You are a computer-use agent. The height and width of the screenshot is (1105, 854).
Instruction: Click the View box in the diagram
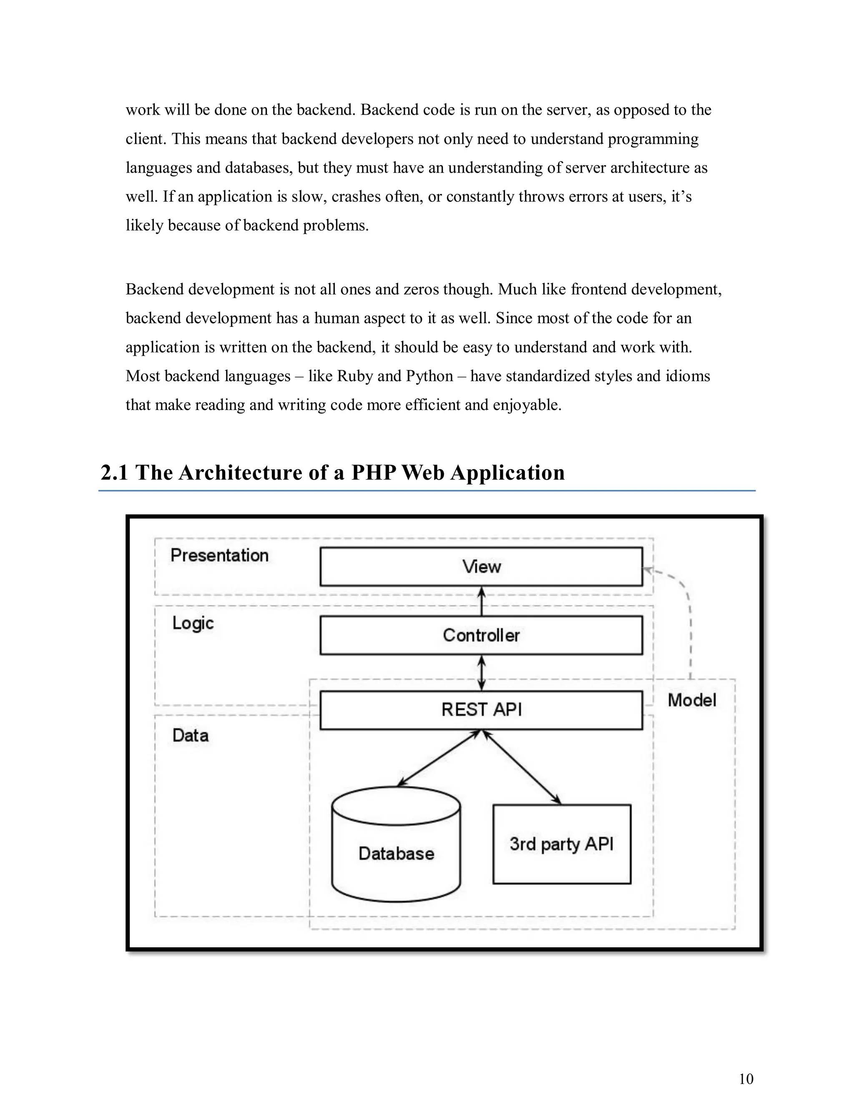481,566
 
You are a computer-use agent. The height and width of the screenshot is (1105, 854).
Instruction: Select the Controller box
481,635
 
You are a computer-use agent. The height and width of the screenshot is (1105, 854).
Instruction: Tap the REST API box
481,709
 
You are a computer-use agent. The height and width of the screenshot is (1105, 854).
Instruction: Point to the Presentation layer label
219,555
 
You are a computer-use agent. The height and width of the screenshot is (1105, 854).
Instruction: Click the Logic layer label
193,623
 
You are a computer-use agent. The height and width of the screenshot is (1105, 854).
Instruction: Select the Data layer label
190,735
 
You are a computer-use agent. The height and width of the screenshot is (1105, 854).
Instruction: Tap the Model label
692,700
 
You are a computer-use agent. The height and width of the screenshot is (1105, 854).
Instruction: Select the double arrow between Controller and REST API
482,673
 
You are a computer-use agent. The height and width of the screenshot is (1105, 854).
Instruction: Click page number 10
746,1079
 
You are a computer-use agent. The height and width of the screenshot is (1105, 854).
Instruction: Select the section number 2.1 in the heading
114,472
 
